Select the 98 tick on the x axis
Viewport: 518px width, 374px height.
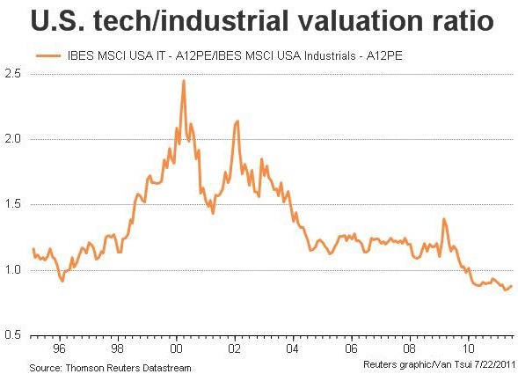coord(119,347)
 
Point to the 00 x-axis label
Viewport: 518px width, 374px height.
coord(177,347)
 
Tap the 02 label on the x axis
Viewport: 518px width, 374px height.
coord(235,347)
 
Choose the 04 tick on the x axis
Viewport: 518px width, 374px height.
coord(293,347)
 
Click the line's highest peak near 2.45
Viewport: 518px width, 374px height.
coord(183,81)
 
